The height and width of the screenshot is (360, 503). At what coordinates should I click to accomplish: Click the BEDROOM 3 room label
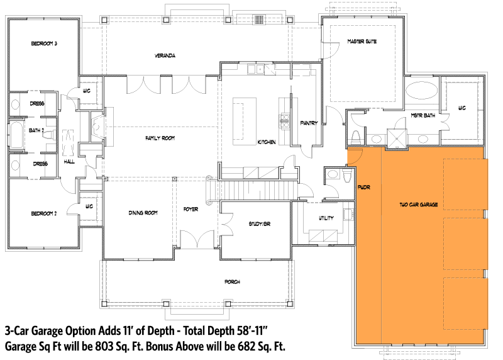pos(45,43)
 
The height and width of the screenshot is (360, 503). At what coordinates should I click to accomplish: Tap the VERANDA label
pos(165,56)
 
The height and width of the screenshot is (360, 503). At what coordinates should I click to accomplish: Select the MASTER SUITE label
pos(361,42)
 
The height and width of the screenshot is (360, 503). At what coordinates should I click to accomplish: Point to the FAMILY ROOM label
pos(160,138)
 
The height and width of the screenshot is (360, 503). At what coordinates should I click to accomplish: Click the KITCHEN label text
pos(267,142)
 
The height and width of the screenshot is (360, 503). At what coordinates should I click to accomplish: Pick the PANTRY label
pos(308,123)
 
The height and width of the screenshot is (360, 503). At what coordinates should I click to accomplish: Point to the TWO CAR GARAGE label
pos(419,205)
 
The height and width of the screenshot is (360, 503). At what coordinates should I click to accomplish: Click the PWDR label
pos(363,187)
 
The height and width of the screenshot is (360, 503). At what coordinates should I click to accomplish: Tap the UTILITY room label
pos(326,218)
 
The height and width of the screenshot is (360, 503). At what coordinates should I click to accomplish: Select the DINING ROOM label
pos(142,213)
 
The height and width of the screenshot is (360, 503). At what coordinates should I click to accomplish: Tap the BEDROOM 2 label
pos(44,213)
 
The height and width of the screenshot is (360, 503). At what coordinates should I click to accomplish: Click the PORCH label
pos(231,282)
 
